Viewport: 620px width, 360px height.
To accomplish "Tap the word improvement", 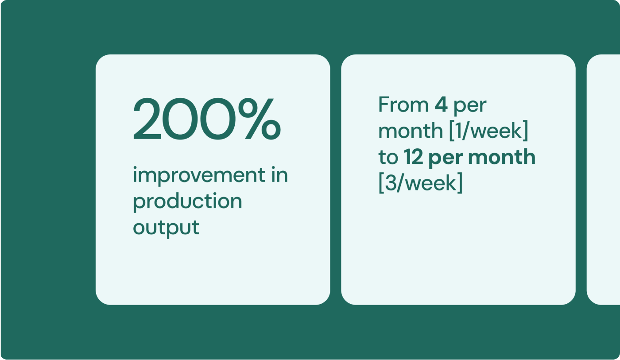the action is click(x=199, y=175).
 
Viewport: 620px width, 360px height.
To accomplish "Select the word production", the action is click(x=188, y=201).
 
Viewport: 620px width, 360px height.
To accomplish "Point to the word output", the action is click(x=166, y=228).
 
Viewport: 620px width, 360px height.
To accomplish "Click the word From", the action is click(x=403, y=105).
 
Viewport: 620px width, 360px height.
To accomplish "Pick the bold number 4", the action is click(x=441, y=105).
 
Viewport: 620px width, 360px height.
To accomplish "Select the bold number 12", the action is click(x=414, y=157).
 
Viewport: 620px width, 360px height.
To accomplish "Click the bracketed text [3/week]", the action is click(x=420, y=182).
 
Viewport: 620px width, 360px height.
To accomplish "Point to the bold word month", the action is click(x=501, y=157).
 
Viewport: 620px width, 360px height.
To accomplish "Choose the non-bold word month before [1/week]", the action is click(x=411, y=131).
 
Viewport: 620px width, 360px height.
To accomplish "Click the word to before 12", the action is click(x=388, y=157).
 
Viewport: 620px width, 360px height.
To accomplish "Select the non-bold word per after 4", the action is click(x=470, y=107).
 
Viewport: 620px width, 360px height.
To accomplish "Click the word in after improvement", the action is click(x=279, y=174).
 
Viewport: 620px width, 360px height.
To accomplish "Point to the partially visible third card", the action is click(x=603, y=180).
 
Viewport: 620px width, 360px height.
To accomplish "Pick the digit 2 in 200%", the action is click(x=147, y=119).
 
